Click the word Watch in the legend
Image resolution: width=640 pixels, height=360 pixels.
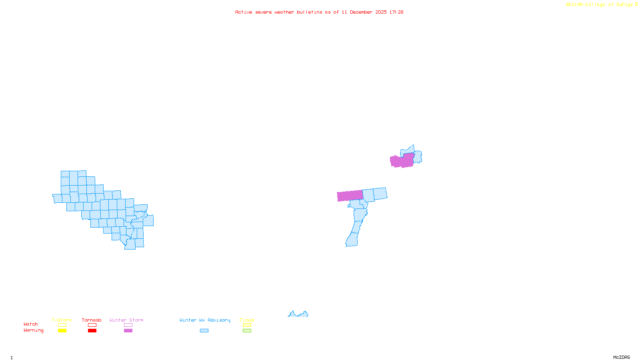(31, 324)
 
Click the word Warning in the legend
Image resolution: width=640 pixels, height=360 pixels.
(34, 330)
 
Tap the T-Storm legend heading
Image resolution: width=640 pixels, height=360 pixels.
(62, 320)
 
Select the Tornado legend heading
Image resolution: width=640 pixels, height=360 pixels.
(92, 320)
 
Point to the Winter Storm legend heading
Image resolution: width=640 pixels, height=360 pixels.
(126, 320)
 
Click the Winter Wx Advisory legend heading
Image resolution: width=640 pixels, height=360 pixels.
(205, 320)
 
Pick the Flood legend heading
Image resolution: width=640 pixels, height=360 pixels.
(247, 320)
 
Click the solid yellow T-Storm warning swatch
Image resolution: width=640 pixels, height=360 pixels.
(62, 331)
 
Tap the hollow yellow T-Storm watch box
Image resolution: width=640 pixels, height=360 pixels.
(62, 325)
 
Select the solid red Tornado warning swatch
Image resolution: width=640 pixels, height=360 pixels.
(92, 331)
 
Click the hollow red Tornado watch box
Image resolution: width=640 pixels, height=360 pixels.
(92, 325)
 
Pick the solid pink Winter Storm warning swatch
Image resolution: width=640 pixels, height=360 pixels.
(128, 331)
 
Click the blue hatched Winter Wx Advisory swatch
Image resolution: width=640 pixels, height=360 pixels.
(204, 331)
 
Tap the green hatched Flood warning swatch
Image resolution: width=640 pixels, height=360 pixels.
(247, 331)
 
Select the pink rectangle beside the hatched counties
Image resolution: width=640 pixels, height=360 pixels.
(350, 196)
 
